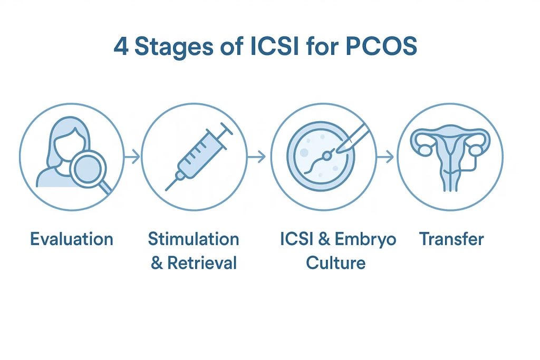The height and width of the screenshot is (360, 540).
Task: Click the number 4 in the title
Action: [121, 46]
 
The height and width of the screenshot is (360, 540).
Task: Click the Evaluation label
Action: [72, 239]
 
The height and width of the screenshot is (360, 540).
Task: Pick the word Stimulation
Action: [194, 239]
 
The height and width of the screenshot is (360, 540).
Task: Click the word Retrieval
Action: [202, 263]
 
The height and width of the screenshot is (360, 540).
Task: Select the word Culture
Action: [336, 263]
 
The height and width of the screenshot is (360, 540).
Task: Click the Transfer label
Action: [451, 239]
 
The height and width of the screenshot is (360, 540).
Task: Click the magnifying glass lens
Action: [88, 170]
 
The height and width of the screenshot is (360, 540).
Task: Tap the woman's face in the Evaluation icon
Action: [69, 144]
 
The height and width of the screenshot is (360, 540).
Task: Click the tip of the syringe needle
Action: [166, 190]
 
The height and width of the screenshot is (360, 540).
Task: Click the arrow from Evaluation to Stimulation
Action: [132, 157]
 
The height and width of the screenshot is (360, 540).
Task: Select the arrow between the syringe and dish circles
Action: [257, 157]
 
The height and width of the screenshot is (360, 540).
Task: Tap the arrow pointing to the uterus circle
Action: [385, 157]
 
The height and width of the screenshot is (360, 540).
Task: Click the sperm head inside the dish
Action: [327, 157]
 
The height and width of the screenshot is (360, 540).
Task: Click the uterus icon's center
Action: [450, 157]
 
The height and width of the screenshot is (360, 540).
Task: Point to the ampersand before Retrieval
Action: [157, 264]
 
